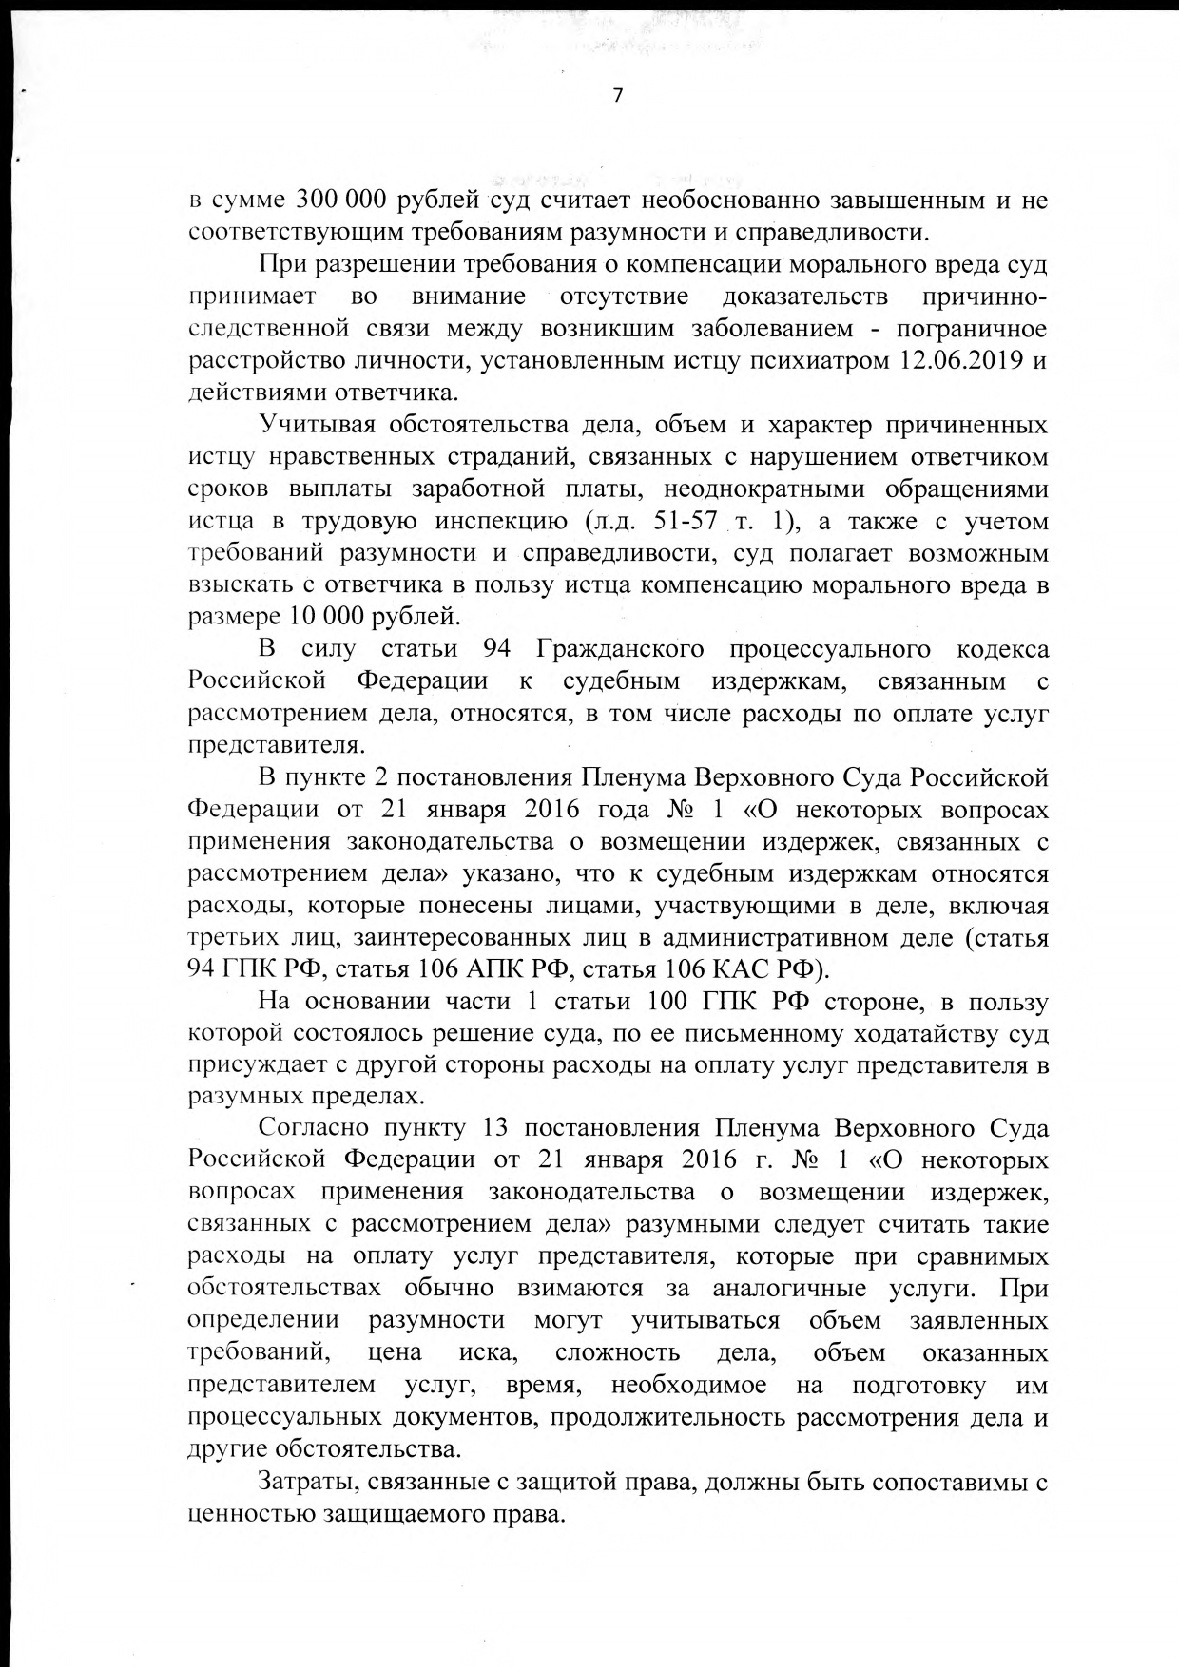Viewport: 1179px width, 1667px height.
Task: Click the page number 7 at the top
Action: [x=618, y=96]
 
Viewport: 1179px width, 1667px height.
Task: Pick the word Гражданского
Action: [x=620, y=649]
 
